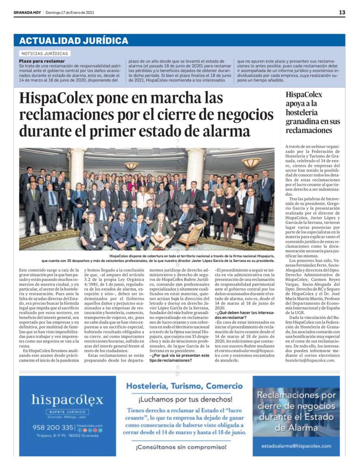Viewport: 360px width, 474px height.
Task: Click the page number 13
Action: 341,12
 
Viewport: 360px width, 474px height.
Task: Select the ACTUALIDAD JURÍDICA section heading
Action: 74,40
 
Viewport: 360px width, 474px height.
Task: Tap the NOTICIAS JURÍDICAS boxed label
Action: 45,54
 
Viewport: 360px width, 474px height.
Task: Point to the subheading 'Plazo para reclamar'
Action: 42,61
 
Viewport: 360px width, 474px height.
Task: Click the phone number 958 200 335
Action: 53,427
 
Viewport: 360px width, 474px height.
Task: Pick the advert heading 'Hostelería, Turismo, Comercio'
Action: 184,386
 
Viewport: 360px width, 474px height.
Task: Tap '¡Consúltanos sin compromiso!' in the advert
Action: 184,448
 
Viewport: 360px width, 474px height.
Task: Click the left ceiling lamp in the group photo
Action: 131,165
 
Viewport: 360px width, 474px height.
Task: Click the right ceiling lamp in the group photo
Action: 252,162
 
